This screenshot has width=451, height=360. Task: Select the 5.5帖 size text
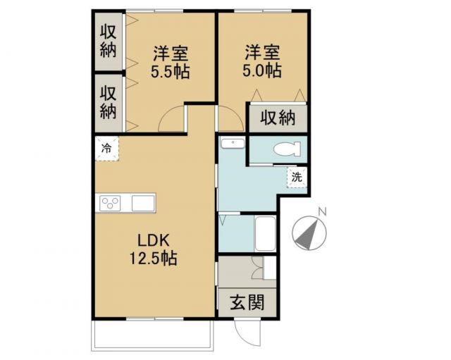tap(171, 71)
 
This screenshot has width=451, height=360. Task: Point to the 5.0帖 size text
tap(262, 71)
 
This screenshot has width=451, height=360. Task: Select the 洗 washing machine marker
tap(297, 177)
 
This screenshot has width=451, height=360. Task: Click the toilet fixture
tap(289, 149)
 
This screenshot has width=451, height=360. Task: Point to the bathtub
tap(266, 233)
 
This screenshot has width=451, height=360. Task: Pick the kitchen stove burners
tap(111, 203)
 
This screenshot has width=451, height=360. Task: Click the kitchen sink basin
tap(143, 203)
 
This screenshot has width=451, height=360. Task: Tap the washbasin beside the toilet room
tap(231, 144)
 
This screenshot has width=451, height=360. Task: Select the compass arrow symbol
tap(308, 233)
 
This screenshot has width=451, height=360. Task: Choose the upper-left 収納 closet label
tap(108, 40)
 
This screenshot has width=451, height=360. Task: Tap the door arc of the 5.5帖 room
tap(172, 121)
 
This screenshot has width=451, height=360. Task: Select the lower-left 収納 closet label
tap(108, 101)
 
